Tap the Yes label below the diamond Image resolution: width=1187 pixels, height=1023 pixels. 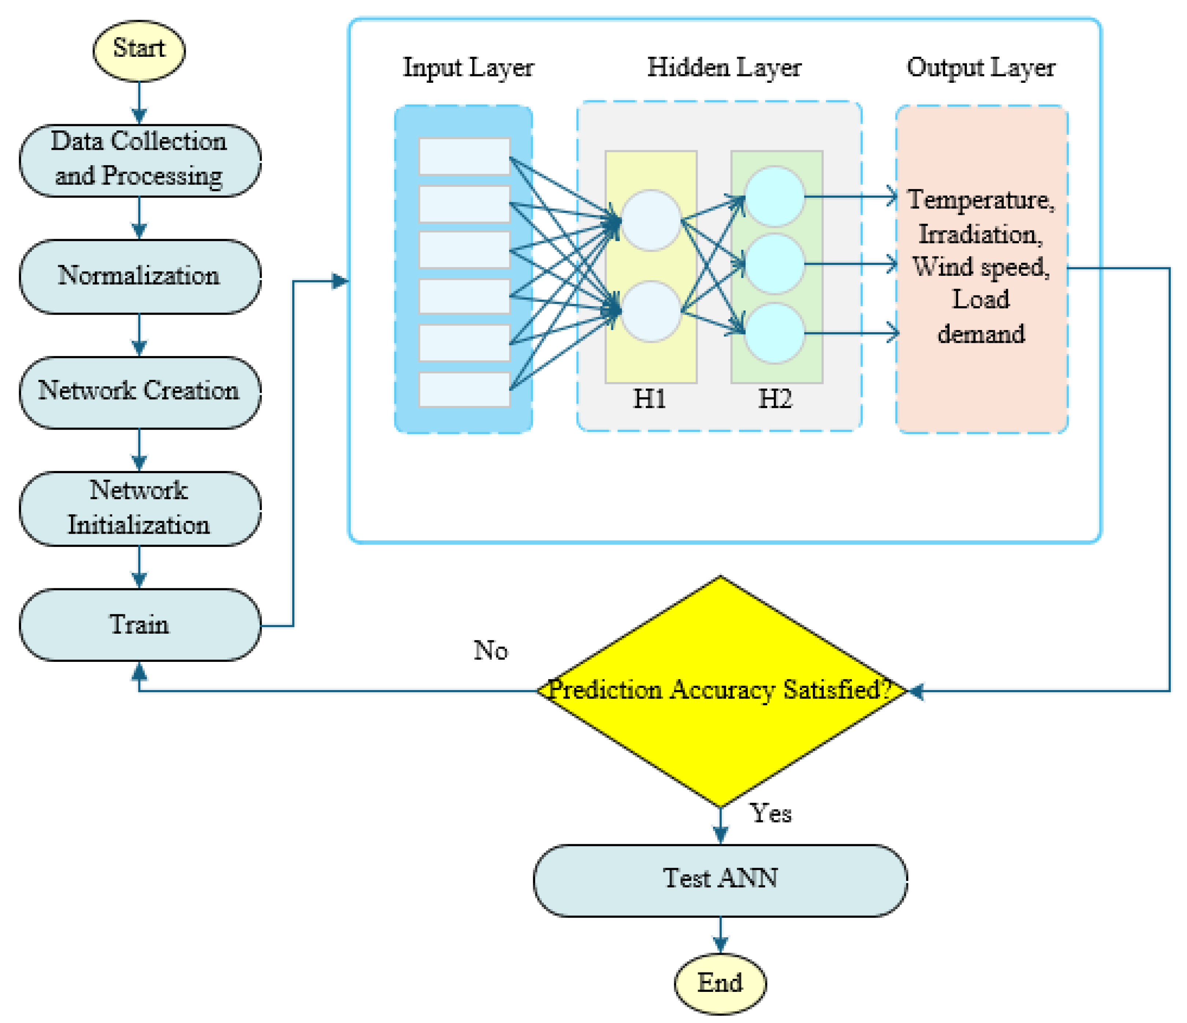(771, 813)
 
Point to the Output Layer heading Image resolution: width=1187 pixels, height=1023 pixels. (981, 68)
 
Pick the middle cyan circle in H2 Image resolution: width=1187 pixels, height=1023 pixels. (775, 264)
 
